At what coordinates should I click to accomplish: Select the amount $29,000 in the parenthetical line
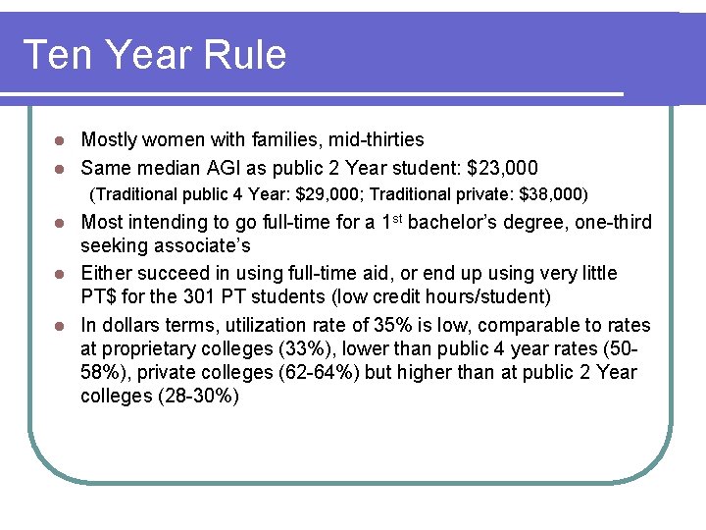327,194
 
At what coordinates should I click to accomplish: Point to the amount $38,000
553,194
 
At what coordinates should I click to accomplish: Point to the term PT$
101,297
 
